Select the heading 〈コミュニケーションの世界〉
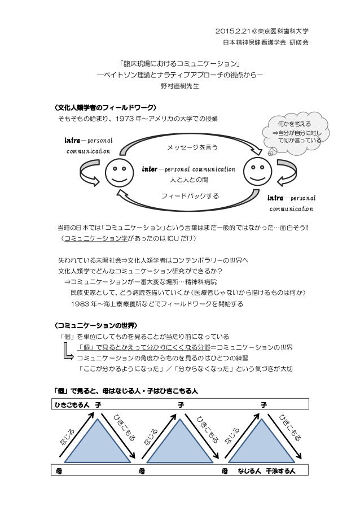(x=95, y=326)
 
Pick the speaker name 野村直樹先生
(x=180, y=88)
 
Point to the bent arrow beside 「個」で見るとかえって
(x=68, y=353)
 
